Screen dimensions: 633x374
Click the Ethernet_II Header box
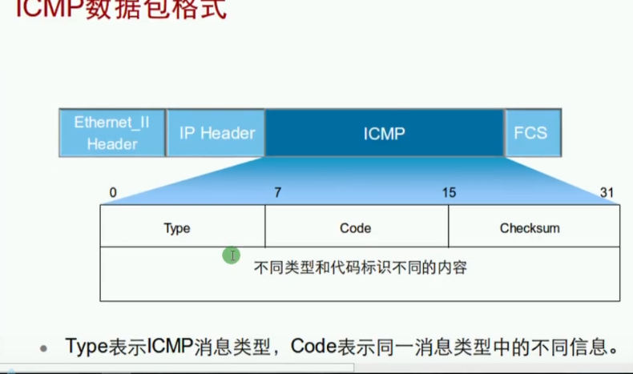[111, 133]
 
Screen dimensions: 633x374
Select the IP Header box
[216, 133]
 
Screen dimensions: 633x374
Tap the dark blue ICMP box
[384, 133]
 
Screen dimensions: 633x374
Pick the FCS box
[530, 133]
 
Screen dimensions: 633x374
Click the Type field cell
[176, 228]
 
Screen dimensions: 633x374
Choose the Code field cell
[355, 228]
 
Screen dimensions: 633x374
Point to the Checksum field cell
[530, 228]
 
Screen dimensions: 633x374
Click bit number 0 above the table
[113, 192]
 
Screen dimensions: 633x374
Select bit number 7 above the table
[278, 192]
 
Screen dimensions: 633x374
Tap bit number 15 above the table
[449, 192]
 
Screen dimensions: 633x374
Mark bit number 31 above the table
[607, 192]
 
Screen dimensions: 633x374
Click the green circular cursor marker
[232, 255]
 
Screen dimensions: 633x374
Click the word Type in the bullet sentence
[86, 347]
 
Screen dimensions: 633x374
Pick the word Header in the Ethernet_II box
[112, 144]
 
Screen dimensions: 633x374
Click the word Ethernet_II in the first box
[111, 123]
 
